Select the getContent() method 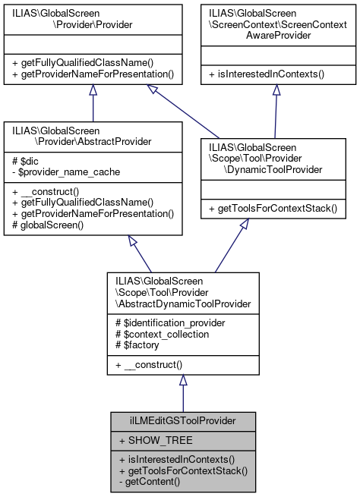point(148,482)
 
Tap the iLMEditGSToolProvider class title point(182,420)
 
